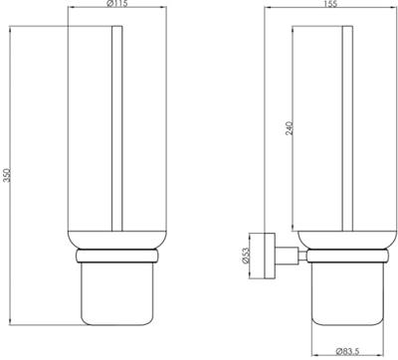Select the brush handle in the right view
tap(345, 139)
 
